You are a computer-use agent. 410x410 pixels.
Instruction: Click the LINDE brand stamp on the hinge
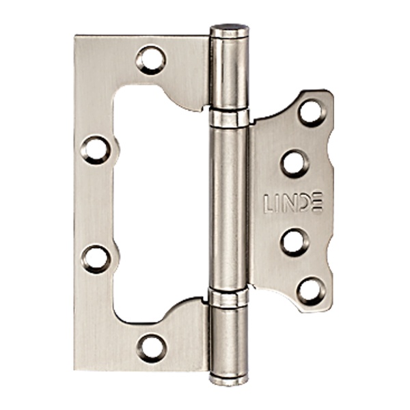pos(294,203)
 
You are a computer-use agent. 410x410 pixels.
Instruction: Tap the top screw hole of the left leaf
pos(151,60)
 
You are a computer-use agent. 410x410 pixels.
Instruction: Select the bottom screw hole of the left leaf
pos(152,348)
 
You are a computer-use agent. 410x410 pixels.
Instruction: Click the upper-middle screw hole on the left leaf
pos(96,150)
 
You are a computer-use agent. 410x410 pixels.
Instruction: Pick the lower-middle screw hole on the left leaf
pos(96,259)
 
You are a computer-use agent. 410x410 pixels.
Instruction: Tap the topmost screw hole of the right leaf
pos(312,113)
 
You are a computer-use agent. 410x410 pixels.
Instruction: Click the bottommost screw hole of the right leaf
pos(312,291)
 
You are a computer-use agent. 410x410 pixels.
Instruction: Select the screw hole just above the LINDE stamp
pos(295,164)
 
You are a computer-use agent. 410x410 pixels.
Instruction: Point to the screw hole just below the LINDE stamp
pos(295,242)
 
